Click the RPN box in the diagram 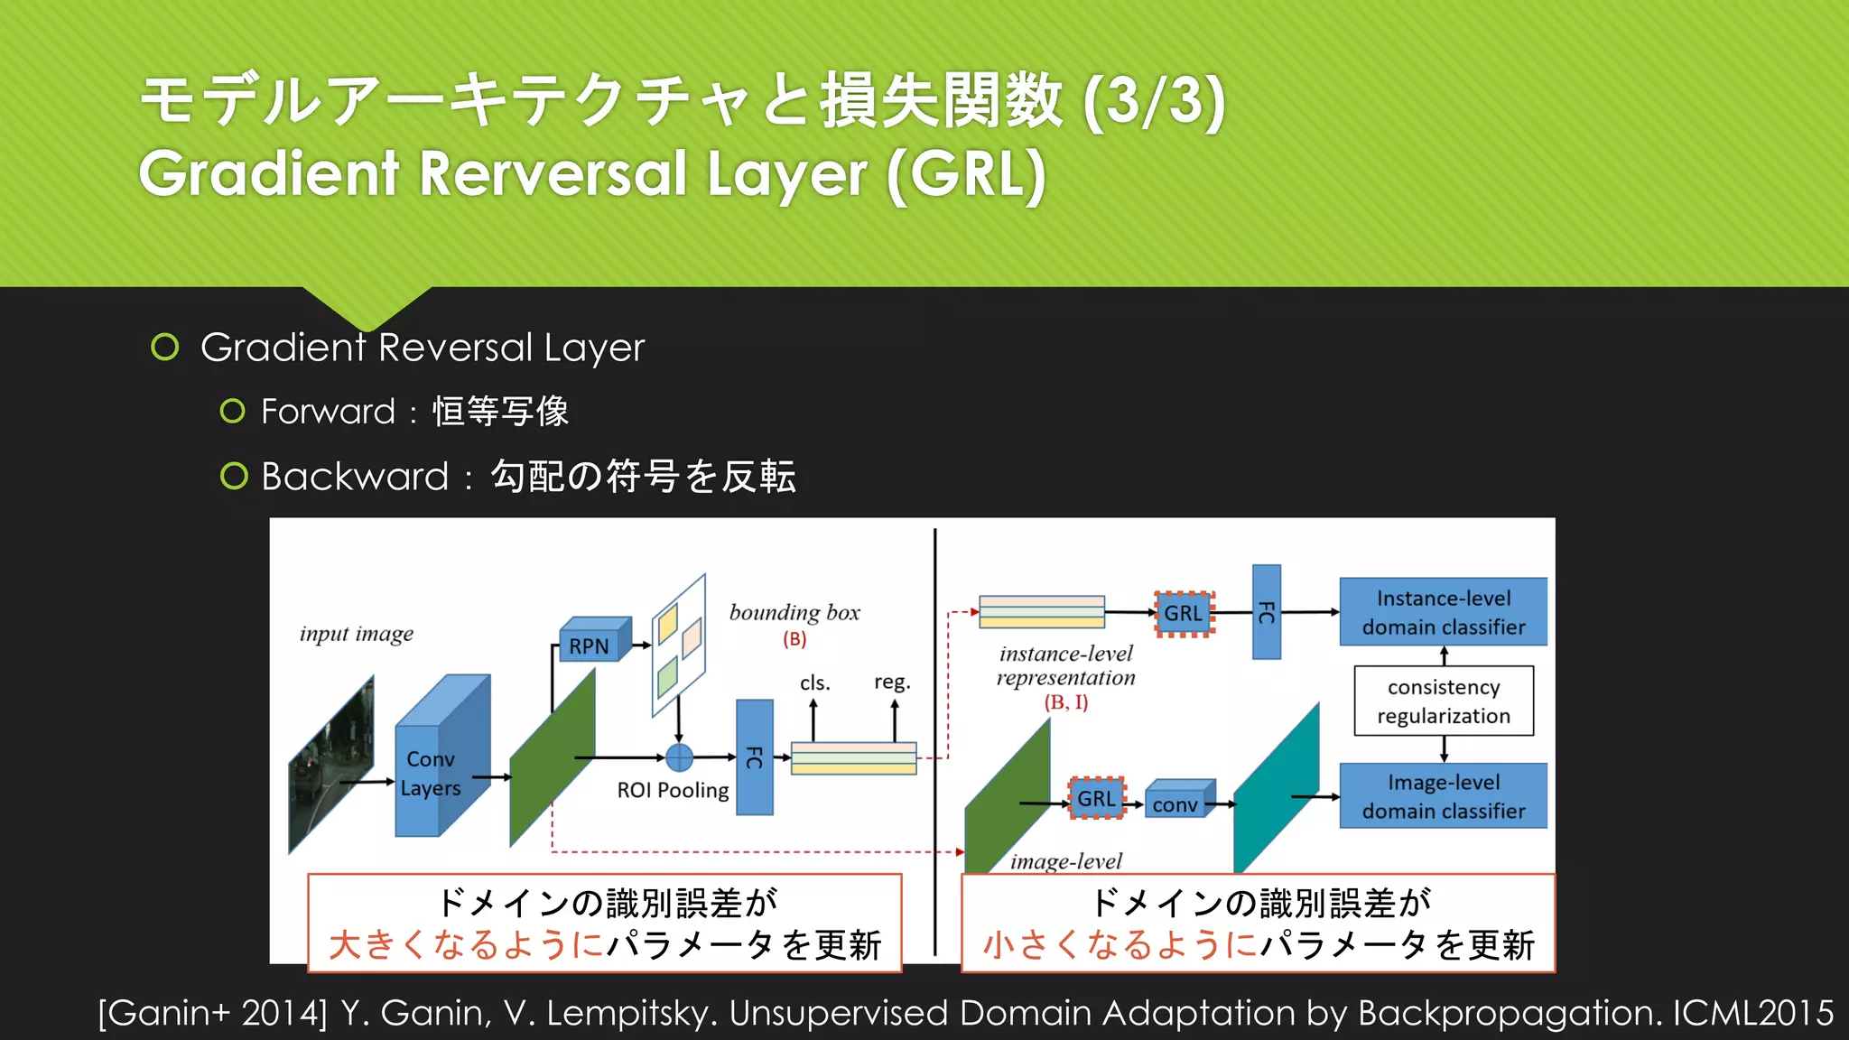590,645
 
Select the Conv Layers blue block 433,773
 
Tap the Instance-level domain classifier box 1443,612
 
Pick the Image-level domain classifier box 1443,796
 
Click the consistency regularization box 1443,701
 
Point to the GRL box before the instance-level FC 1184,614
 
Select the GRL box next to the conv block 1096,799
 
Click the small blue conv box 1175,803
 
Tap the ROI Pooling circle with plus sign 679,757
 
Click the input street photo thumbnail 330,766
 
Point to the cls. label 814,682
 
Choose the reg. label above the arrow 892,682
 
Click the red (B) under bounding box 794,639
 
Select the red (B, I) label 1066,701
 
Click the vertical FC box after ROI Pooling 755,757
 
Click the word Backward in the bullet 355,477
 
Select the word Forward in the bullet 328,412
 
